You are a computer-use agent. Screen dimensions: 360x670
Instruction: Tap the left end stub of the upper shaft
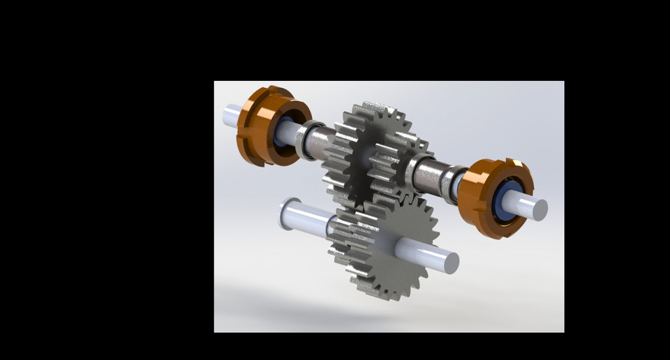230,115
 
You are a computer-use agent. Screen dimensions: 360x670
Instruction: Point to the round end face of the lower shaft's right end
451,262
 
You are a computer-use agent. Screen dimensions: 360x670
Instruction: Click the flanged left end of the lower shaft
285,213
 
